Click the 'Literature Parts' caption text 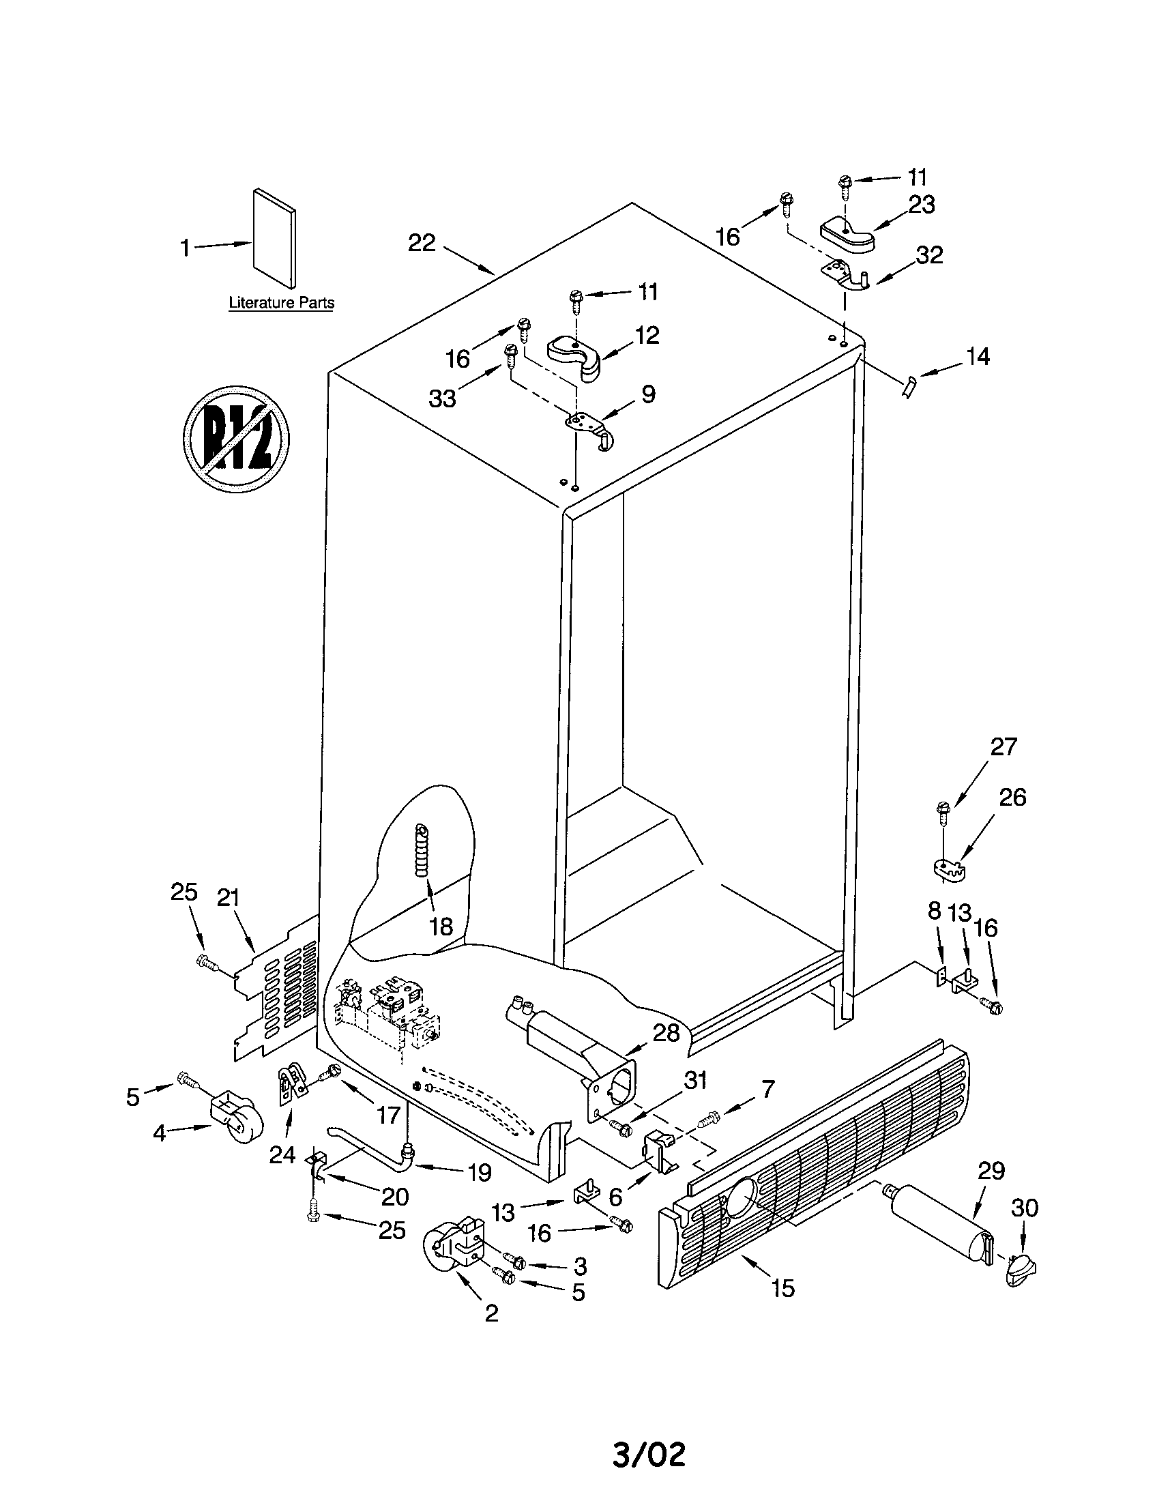click(281, 302)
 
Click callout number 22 click(422, 243)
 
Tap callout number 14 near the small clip click(977, 357)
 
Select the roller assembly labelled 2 click(454, 1247)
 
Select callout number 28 click(665, 1033)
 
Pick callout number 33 click(442, 397)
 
